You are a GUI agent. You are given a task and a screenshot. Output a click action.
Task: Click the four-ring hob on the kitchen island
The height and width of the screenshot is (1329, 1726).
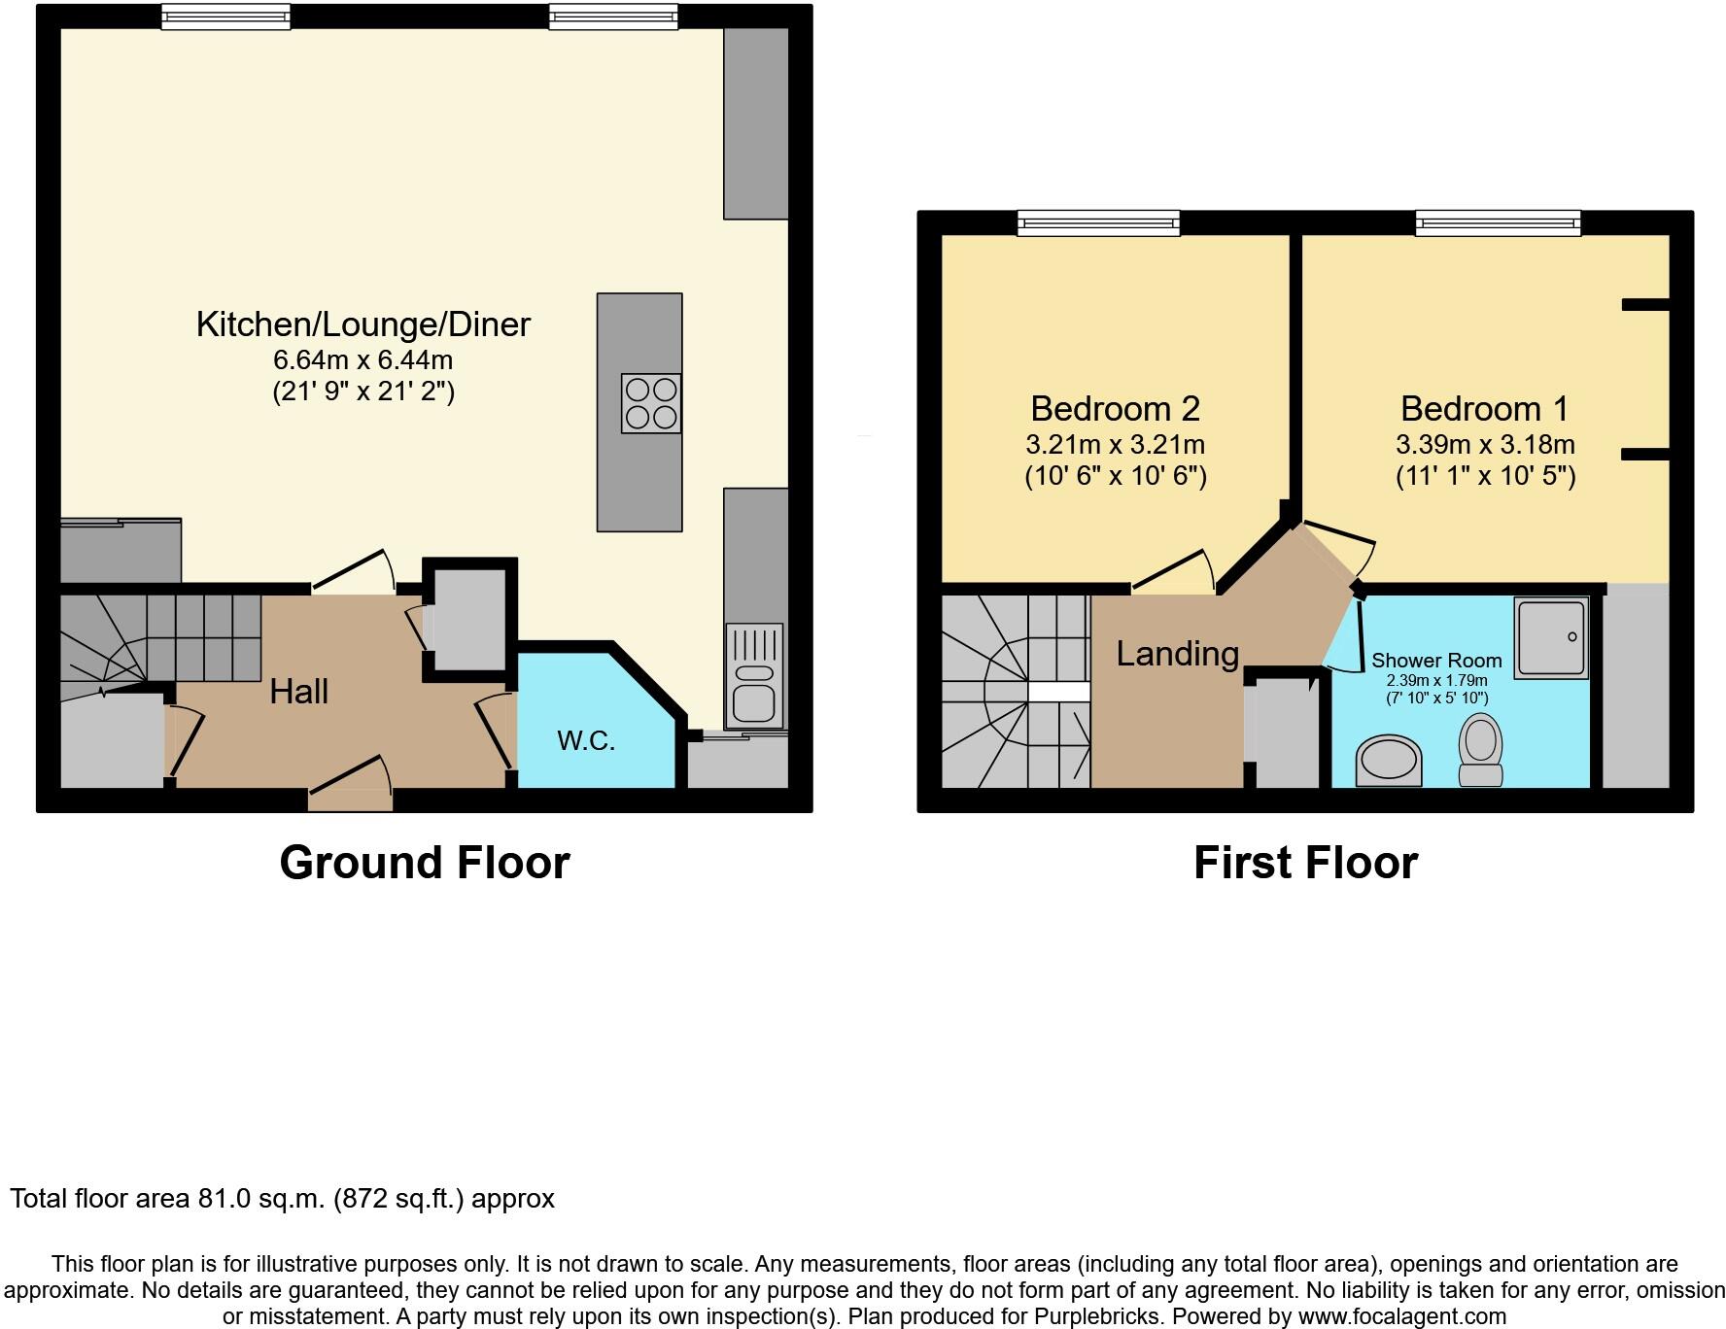[651, 403]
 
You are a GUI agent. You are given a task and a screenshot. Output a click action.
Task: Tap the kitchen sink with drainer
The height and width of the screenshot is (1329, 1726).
[753, 674]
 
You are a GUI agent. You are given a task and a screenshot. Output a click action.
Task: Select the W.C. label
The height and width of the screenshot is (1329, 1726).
[586, 740]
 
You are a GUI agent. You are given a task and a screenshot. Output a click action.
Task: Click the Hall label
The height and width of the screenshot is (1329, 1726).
[298, 692]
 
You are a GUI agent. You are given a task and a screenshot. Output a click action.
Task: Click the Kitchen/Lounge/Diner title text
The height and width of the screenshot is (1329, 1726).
[362, 324]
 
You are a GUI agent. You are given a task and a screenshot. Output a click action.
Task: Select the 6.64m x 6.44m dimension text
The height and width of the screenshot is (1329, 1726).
[362, 360]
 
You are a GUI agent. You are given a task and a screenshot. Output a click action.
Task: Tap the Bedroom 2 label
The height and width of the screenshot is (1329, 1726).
[1115, 408]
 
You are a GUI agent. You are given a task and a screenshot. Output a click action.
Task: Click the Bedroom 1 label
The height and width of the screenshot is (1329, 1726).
[1484, 408]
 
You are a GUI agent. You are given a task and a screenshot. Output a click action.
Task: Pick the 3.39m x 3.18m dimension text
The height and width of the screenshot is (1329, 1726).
[1484, 445]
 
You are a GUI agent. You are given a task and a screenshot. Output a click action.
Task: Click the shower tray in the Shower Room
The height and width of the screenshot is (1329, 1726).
[1551, 637]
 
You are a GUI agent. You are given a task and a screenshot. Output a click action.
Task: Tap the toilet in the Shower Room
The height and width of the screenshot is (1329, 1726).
[1480, 749]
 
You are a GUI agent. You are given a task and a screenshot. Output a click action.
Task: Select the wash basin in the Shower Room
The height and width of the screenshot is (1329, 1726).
[1389, 761]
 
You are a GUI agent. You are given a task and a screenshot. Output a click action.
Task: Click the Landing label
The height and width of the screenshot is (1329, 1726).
[1177, 654]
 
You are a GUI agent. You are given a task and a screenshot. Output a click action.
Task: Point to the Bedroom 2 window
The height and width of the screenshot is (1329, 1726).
[1098, 224]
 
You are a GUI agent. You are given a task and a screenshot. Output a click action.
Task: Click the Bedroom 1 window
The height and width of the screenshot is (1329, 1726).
[1497, 224]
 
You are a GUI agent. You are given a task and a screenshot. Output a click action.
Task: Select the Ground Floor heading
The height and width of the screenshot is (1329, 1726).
[424, 863]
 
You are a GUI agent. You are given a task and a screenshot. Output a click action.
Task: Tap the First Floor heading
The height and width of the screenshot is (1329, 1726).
[1305, 863]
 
